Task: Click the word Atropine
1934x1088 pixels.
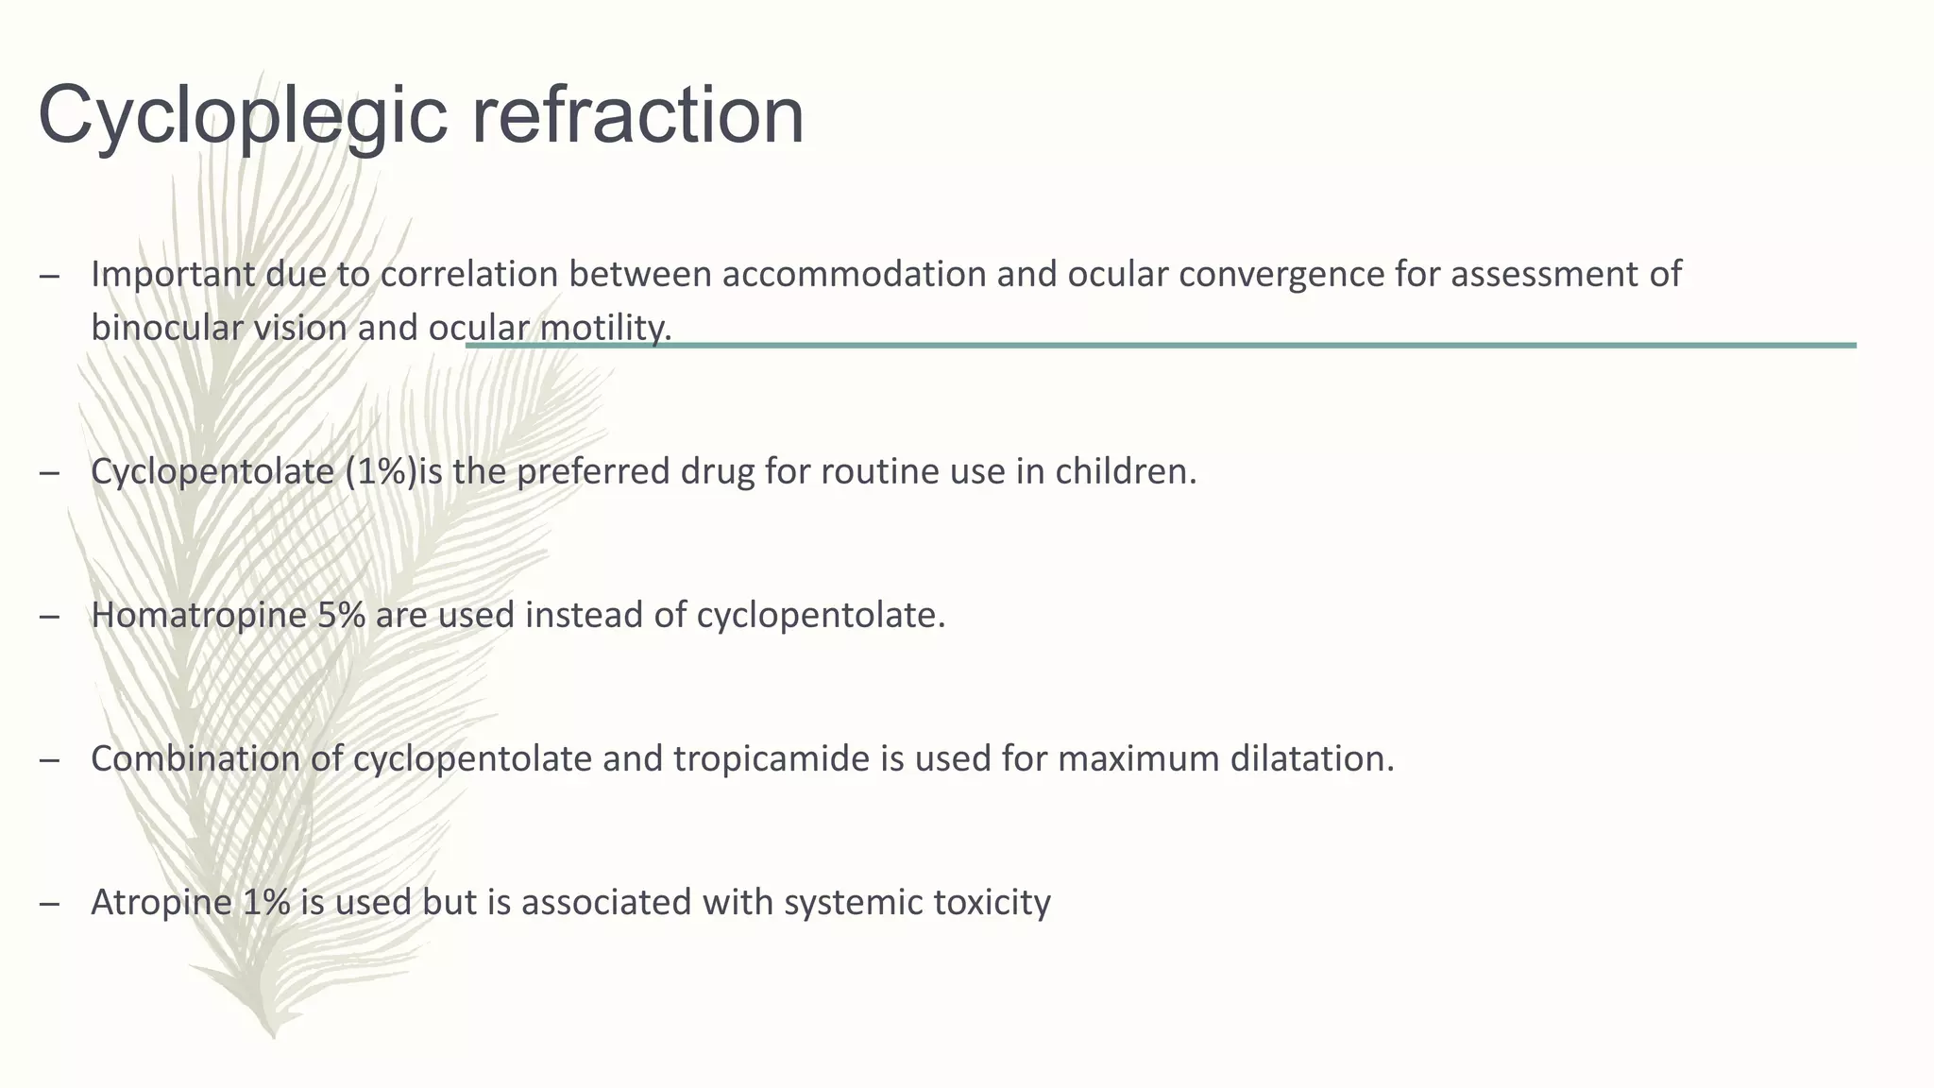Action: (x=161, y=902)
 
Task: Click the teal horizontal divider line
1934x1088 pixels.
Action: (x=1228, y=346)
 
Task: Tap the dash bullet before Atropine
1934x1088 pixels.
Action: (x=50, y=903)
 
